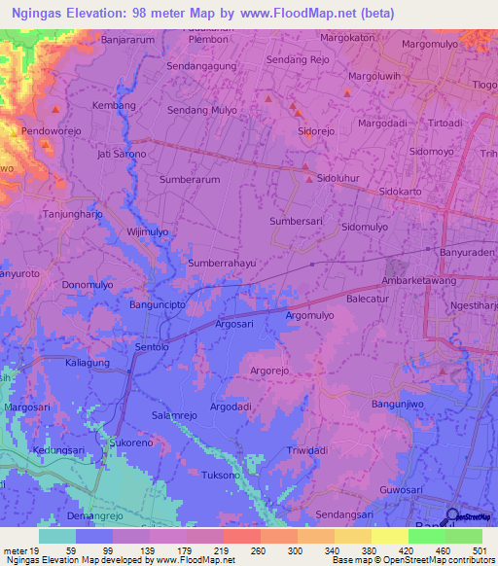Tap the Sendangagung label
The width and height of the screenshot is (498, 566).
201,67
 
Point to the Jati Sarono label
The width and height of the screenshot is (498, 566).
122,154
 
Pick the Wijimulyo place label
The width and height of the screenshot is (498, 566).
148,231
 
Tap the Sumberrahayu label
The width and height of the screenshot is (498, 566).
222,264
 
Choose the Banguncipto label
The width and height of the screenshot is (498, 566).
160,304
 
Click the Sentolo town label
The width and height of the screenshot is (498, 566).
151,346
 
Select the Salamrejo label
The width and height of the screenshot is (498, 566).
174,415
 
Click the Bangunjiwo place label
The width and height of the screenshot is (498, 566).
400,403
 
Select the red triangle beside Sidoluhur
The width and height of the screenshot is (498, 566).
308,179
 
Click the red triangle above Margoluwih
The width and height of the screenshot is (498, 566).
347,93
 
